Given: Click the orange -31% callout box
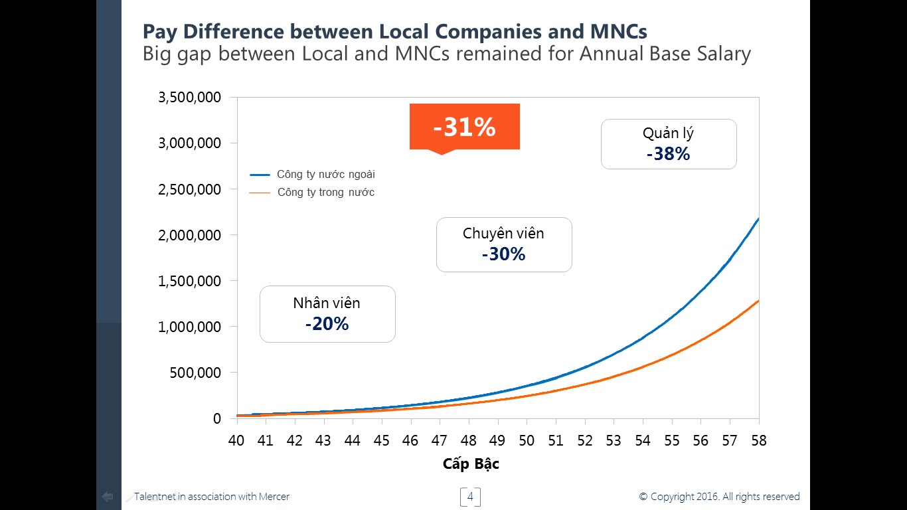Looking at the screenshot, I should pyautogui.click(x=464, y=127).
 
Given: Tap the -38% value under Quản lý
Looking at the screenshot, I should pyautogui.click(x=668, y=154).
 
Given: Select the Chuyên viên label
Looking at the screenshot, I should pyautogui.click(x=503, y=234).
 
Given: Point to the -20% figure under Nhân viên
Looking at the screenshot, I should pyautogui.click(x=327, y=324).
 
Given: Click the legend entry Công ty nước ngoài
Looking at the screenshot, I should pyautogui.click(x=325, y=175).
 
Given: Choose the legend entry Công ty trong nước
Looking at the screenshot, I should pyautogui.click(x=325, y=193).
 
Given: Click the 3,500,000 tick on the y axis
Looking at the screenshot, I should pyautogui.click(x=189, y=98).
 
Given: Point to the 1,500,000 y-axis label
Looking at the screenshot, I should pyautogui.click(x=189, y=281).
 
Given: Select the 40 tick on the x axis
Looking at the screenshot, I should pyautogui.click(x=236, y=441).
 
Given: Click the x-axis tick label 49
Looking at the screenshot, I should pyautogui.click(x=497, y=441).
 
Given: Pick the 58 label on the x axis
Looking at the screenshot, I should pyautogui.click(x=758, y=441).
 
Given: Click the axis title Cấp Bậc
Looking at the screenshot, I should pyautogui.click(x=471, y=464).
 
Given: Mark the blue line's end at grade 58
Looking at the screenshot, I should pyautogui.click(x=758, y=218).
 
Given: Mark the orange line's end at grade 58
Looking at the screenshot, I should pyautogui.click(x=758, y=301).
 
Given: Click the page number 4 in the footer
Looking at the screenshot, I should pyautogui.click(x=470, y=497).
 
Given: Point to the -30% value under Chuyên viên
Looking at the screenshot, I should pyautogui.click(x=503, y=254).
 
